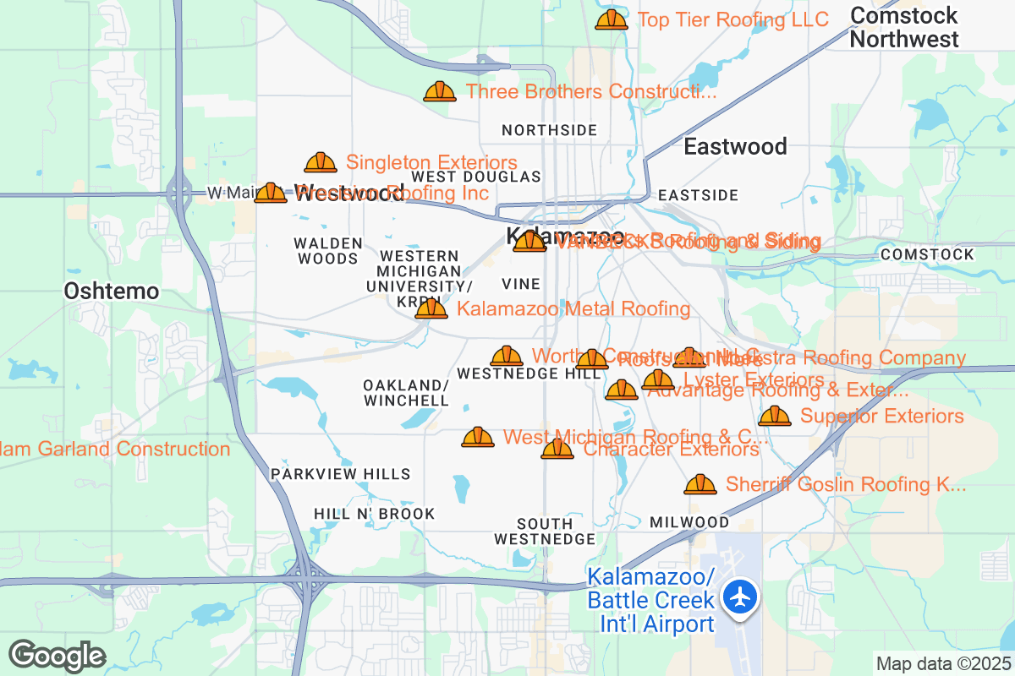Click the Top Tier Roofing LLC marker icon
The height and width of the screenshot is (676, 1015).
(611, 19)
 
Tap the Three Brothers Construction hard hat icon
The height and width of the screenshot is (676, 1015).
(440, 91)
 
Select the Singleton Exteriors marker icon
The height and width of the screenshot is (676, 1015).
(321, 162)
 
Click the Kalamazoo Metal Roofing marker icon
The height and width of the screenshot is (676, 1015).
(431, 308)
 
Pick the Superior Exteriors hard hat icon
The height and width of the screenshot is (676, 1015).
(775, 416)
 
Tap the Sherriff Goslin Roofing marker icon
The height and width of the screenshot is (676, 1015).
(700, 484)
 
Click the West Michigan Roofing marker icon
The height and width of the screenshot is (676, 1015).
(478, 437)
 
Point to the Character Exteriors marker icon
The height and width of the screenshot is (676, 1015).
(557, 449)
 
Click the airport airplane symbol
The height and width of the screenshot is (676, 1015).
(742, 597)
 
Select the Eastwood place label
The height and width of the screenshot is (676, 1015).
(735, 146)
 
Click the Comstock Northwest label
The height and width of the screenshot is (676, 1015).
(904, 27)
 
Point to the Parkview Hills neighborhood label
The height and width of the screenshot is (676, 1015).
(341, 474)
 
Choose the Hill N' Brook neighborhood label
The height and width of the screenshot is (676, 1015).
(374, 514)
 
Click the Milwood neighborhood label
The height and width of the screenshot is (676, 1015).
(689, 522)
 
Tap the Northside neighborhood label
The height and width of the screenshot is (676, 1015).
(549, 130)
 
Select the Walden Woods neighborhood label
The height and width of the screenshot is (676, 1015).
(328, 251)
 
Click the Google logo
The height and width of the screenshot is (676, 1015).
(57, 656)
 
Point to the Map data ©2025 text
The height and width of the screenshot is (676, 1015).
(942, 663)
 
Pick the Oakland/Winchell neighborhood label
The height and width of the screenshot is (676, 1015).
(406, 392)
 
